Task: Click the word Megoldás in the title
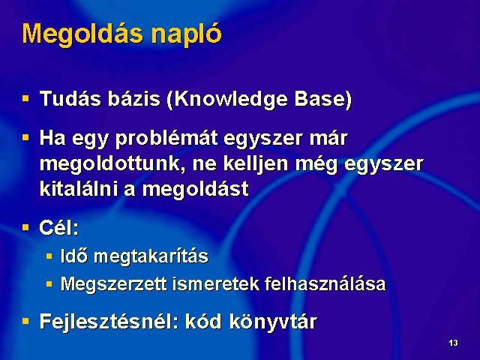82,34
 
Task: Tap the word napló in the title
187,34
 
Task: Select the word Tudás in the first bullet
70,98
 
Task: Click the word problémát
166,139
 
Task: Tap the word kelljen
255,164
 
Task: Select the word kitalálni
79,188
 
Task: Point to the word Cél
58,228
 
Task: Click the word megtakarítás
151,256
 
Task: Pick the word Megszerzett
114,285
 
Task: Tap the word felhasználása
325,283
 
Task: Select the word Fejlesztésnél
109,322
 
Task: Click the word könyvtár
273,322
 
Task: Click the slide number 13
453,343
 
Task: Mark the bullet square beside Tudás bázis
25,98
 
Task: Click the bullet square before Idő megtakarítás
49,256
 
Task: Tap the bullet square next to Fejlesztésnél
25,321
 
